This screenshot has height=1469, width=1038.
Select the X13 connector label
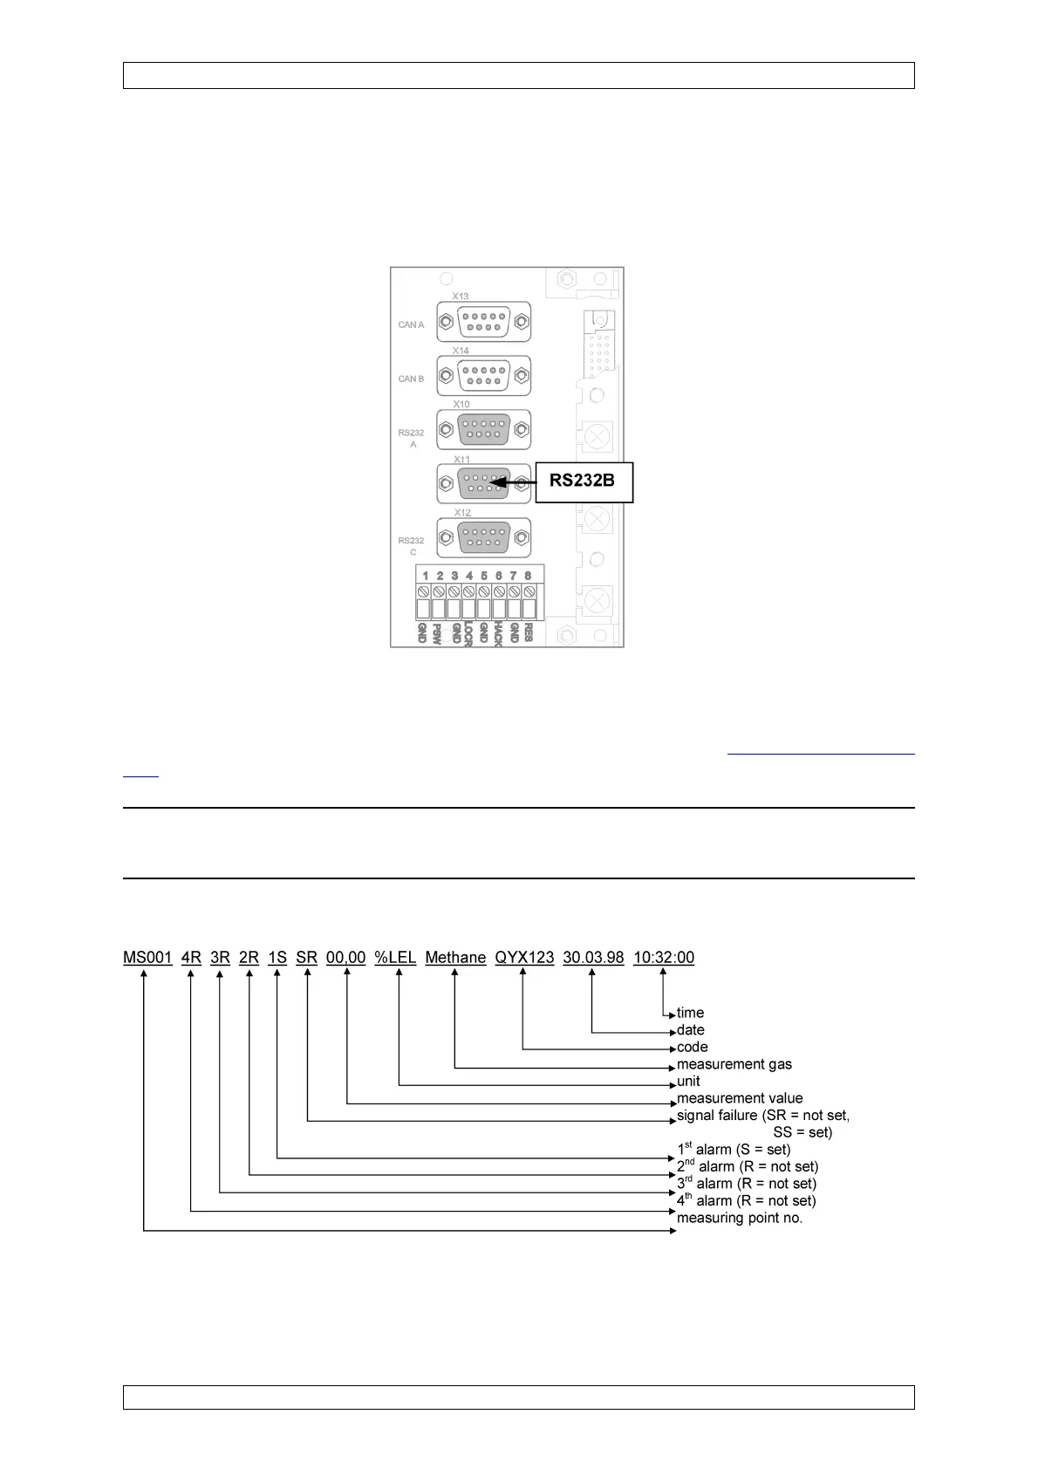click(461, 296)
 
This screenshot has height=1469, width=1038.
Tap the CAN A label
click(411, 325)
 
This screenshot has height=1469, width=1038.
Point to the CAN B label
click(411, 379)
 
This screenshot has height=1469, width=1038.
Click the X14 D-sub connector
click(484, 376)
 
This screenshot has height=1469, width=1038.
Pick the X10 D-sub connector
click(484, 430)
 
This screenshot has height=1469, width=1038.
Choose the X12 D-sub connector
click(484, 537)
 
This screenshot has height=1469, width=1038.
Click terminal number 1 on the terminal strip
click(425, 576)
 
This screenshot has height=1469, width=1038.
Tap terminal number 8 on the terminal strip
click(528, 576)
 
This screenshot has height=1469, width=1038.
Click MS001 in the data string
click(147, 958)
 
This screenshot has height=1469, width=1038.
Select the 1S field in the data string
click(277, 958)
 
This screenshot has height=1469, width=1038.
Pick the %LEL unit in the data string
click(395, 958)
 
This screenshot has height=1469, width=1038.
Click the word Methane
click(455, 958)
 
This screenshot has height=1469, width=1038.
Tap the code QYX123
click(524, 958)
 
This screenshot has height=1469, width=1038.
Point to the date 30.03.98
click(593, 958)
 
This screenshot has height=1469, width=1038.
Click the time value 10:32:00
click(664, 958)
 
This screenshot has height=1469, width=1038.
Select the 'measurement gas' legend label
click(734, 1064)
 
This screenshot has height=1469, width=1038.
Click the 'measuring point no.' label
click(740, 1218)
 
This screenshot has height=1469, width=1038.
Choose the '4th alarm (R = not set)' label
click(747, 1200)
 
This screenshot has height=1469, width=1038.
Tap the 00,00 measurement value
click(346, 958)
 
